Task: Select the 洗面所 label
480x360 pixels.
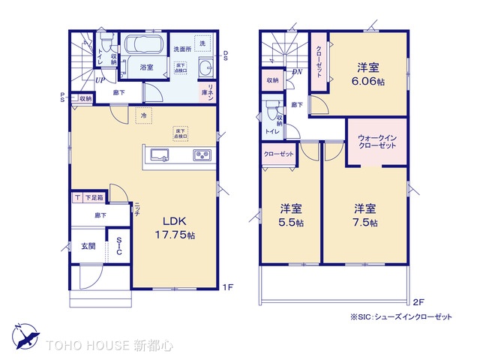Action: (182, 49)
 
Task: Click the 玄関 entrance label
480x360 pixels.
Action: (88, 246)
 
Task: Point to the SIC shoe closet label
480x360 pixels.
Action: (119, 247)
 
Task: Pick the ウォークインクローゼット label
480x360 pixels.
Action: (378, 142)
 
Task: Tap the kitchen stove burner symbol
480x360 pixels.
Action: (202, 155)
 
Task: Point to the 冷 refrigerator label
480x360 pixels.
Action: (143, 115)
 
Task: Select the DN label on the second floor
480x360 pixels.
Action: (297, 72)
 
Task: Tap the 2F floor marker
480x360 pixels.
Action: (418, 302)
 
